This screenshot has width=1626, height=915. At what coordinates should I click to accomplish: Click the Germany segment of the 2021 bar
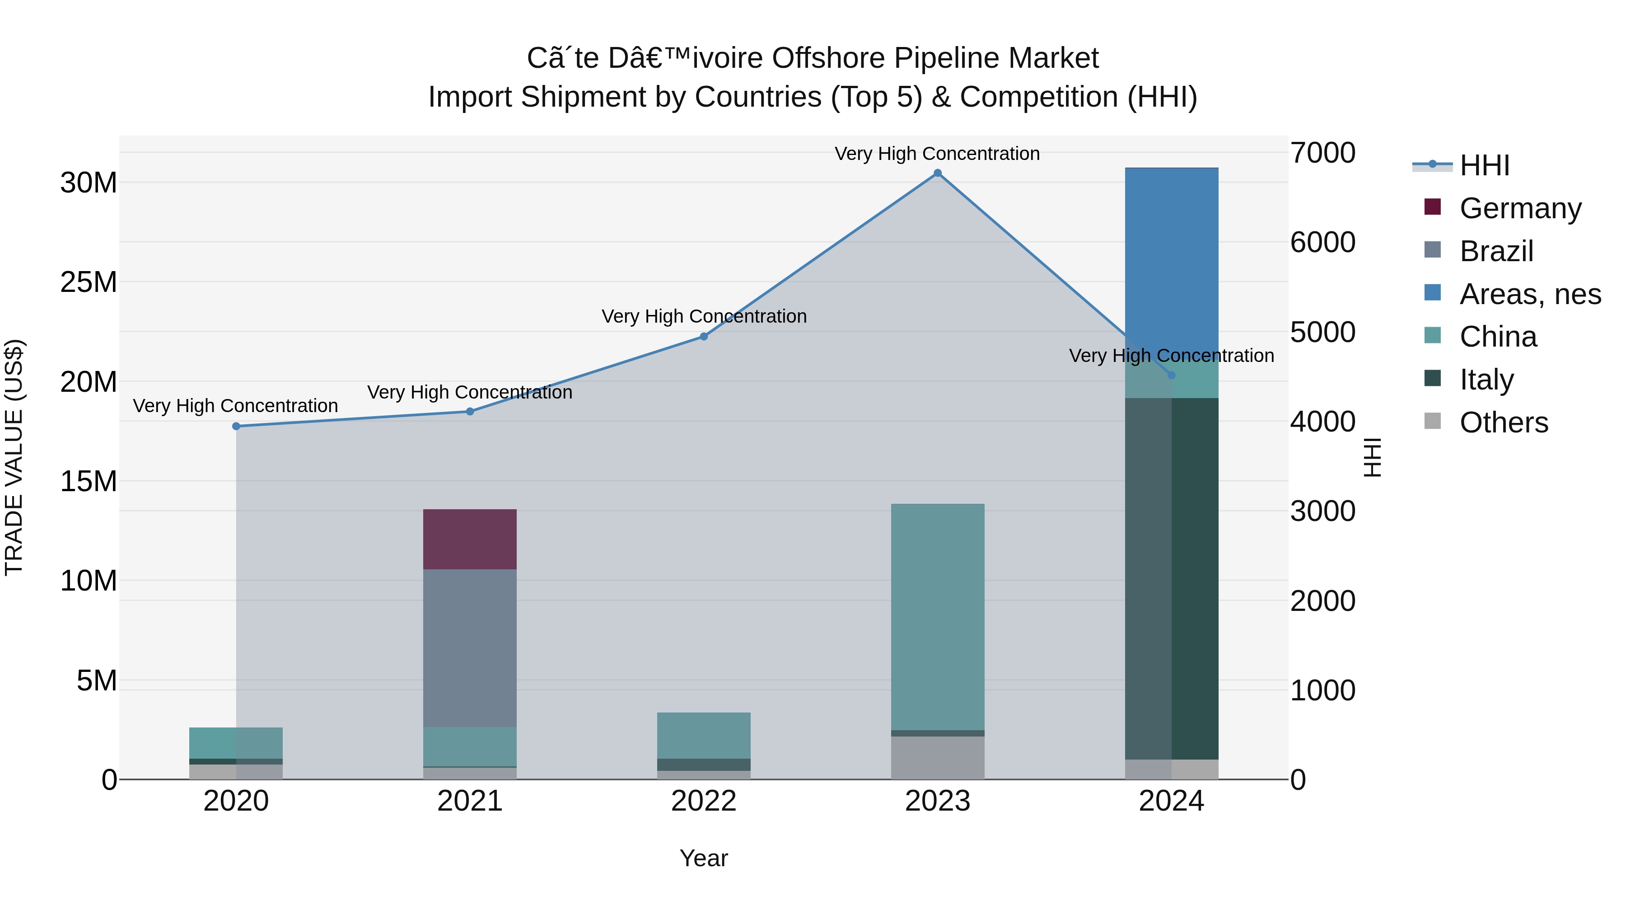click(470, 539)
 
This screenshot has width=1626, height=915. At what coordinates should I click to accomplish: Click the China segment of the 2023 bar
click(937, 616)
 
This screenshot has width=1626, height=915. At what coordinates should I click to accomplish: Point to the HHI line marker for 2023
click(937, 173)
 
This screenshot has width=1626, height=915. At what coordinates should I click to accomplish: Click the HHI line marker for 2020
click(236, 426)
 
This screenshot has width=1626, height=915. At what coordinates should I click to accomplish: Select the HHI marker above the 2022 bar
click(704, 337)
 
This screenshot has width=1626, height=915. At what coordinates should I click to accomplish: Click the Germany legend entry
click(1519, 208)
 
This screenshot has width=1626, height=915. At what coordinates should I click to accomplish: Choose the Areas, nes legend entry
click(1529, 294)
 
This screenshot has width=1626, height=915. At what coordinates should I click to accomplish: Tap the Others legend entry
click(1503, 422)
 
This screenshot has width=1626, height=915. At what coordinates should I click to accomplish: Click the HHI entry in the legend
click(1483, 165)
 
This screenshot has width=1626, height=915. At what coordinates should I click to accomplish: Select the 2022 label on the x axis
click(704, 801)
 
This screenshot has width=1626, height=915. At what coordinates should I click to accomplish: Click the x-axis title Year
click(704, 858)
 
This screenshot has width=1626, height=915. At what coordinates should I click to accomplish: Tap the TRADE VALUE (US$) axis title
click(14, 457)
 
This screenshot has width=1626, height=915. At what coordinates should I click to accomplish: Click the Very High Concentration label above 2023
click(937, 154)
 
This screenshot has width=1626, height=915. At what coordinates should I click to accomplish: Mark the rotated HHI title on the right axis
click(1372, 457)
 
